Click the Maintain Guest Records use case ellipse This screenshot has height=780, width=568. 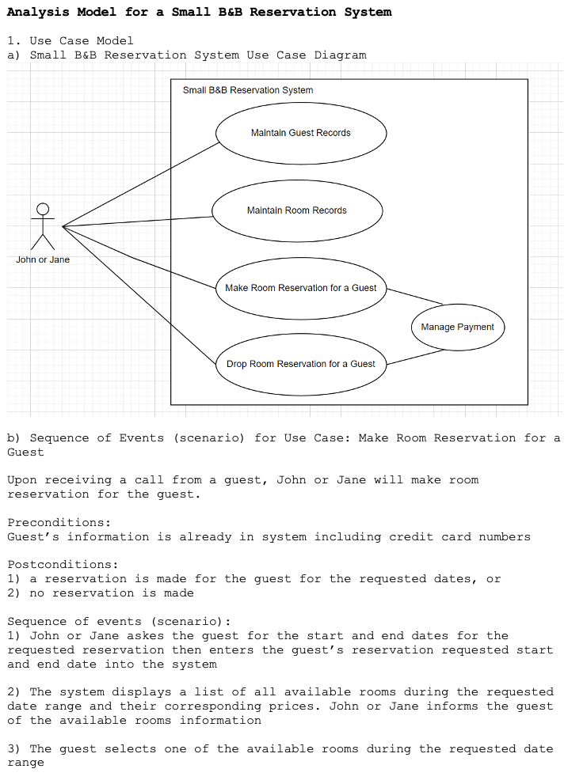pos(301,133)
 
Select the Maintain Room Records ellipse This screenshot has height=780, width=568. pos(297,210)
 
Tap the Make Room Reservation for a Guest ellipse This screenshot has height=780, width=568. pos(301,288)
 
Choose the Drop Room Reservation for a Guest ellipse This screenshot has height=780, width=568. pos(301,364)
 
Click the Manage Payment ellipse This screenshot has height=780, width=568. pos(458,327)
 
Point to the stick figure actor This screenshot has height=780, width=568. pos(43,226)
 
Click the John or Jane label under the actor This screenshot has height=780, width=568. pos(43,259)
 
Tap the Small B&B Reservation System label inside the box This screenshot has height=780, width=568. pos(248,90)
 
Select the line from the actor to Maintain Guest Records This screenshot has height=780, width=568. pos(139,184)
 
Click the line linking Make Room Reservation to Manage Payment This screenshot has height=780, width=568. pos(414,297)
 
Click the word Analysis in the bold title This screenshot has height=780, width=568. pos(39,12)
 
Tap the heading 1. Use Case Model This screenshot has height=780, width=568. pos(71,40)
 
